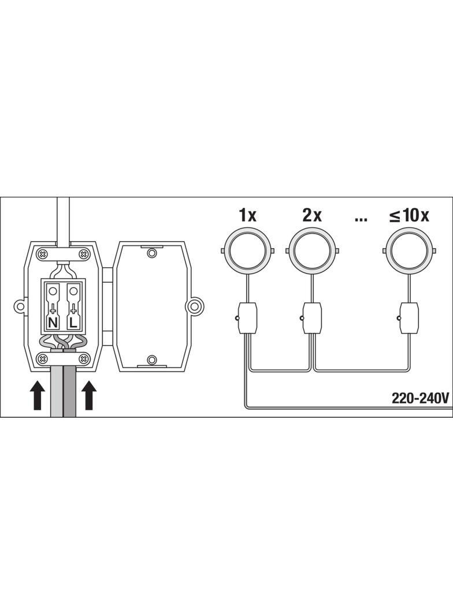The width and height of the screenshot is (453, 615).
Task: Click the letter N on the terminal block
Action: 53,323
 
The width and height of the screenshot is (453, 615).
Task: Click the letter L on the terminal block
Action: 73,323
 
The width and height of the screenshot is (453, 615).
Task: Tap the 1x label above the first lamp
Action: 247,215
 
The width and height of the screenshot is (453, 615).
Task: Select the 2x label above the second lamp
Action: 312,215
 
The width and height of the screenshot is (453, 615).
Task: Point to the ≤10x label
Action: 409,215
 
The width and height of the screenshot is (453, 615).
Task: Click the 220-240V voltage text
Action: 420,398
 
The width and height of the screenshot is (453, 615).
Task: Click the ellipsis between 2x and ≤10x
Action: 361,219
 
